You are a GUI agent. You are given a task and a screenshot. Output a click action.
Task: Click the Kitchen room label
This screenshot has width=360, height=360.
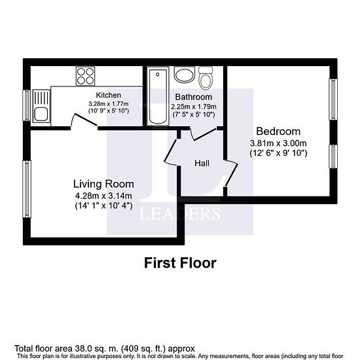point(109,95)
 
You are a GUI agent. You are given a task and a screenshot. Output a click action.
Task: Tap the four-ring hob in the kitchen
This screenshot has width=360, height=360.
point(86,76)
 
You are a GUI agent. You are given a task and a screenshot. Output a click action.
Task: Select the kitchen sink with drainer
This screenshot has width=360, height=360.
point(41,106)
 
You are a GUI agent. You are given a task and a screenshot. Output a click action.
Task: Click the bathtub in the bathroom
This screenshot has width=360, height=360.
point(158,96)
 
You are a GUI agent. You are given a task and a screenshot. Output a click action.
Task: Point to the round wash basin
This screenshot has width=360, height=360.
point(185,75)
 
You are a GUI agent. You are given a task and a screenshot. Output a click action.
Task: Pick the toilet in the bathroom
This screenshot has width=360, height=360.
point(206,78)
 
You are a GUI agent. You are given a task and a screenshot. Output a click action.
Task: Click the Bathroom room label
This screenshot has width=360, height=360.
point(194,97)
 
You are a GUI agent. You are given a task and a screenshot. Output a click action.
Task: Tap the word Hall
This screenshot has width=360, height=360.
point(202,163)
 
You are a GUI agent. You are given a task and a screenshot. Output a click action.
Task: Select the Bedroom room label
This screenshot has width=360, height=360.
point(278,132)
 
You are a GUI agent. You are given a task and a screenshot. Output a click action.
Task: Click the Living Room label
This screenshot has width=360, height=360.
point(103,184)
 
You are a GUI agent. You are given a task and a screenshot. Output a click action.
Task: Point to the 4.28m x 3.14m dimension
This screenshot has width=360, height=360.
point(103,196)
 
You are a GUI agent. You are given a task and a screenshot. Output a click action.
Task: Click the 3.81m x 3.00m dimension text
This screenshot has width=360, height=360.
point(278,143)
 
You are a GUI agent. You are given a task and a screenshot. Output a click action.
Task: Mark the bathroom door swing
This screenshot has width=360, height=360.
point(203,134)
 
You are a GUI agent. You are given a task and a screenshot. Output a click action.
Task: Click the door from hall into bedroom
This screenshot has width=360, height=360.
point(231,173)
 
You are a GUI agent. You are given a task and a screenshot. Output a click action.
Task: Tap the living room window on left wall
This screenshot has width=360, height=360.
point(27,189)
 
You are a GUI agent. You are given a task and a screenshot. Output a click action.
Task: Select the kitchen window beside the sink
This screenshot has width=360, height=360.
point(27,105)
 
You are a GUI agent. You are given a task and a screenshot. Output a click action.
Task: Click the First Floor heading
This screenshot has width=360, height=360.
point(180,263)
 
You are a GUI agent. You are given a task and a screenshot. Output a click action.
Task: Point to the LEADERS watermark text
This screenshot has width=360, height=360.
point(179,213)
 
